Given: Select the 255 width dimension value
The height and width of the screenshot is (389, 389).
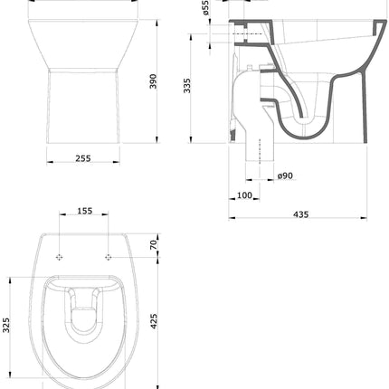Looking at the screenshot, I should pyautogui.click(x=83, y=157).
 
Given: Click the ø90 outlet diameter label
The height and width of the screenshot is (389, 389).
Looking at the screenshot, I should pyautogui.click(x=285, y=175).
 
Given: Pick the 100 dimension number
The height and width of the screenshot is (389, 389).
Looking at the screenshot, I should pyautogui.click(x=245, y=194).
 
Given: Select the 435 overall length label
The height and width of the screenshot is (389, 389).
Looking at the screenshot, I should pyautogui.click(x=301, y=214).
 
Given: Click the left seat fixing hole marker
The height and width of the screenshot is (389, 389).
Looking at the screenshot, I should pyautogui.click(x=62, y=257).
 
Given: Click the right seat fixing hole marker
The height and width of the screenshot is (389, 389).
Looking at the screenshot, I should pyautogui.click(x=108, y=257).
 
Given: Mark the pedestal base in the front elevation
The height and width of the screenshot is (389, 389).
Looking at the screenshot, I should pyautogui.click(x=83, y=104).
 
